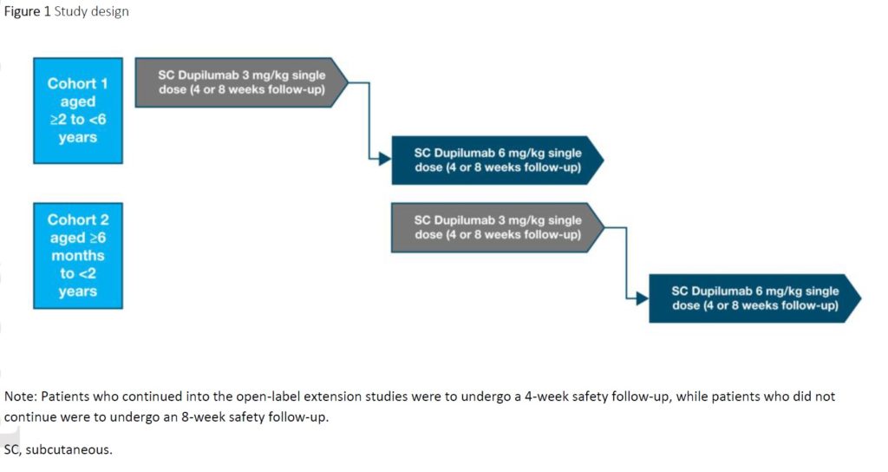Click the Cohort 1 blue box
pos(77,110)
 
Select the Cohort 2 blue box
pos(77,255)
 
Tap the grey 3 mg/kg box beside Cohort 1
pos(241,82)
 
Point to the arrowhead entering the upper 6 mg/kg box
pos(386,160)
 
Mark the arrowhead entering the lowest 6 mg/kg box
pos(643,298)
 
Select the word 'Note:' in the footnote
pos(21,397)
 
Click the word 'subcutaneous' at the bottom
pos(69,449)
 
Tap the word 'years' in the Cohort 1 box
pos(77,137)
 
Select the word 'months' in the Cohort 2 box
pos(77,256)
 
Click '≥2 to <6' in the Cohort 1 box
pos(77,120)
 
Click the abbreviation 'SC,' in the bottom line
pos(13,449)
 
